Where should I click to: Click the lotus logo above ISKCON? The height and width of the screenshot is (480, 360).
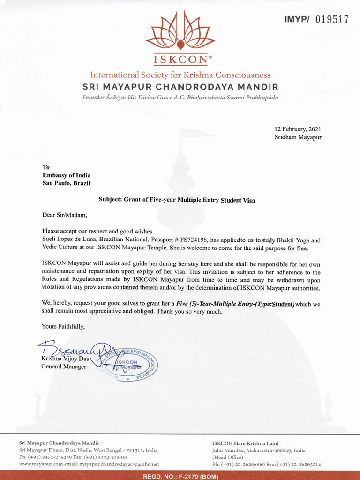[x=180, y=30]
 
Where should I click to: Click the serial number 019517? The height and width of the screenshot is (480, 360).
[x=332, y=19]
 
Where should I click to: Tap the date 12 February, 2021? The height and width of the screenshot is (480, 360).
[x=298, y=129]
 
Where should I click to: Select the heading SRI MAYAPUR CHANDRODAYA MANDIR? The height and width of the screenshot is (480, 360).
[x=180, y=87]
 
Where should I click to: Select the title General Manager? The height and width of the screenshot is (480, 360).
[x=64, y=367]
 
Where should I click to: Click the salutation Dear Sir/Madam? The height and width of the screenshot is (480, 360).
[x=65, y=216]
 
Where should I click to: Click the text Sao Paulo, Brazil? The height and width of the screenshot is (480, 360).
[x=66, y=183]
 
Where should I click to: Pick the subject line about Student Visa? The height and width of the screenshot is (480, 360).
[x=177, y=199]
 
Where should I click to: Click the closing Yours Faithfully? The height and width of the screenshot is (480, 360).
[x=63, y=326]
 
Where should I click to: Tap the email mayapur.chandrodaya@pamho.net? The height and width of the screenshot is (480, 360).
[x=119, y=464]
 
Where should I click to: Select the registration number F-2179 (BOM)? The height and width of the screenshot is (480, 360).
[x=180, y=476]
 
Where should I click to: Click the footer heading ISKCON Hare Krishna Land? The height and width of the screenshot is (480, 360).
[x=245, y=443]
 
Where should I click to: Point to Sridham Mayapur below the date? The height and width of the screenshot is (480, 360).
[x=298, y=137]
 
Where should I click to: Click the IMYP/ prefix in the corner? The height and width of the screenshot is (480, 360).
[x=298, y=19]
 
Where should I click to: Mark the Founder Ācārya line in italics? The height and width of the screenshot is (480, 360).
[x=180, y=97]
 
